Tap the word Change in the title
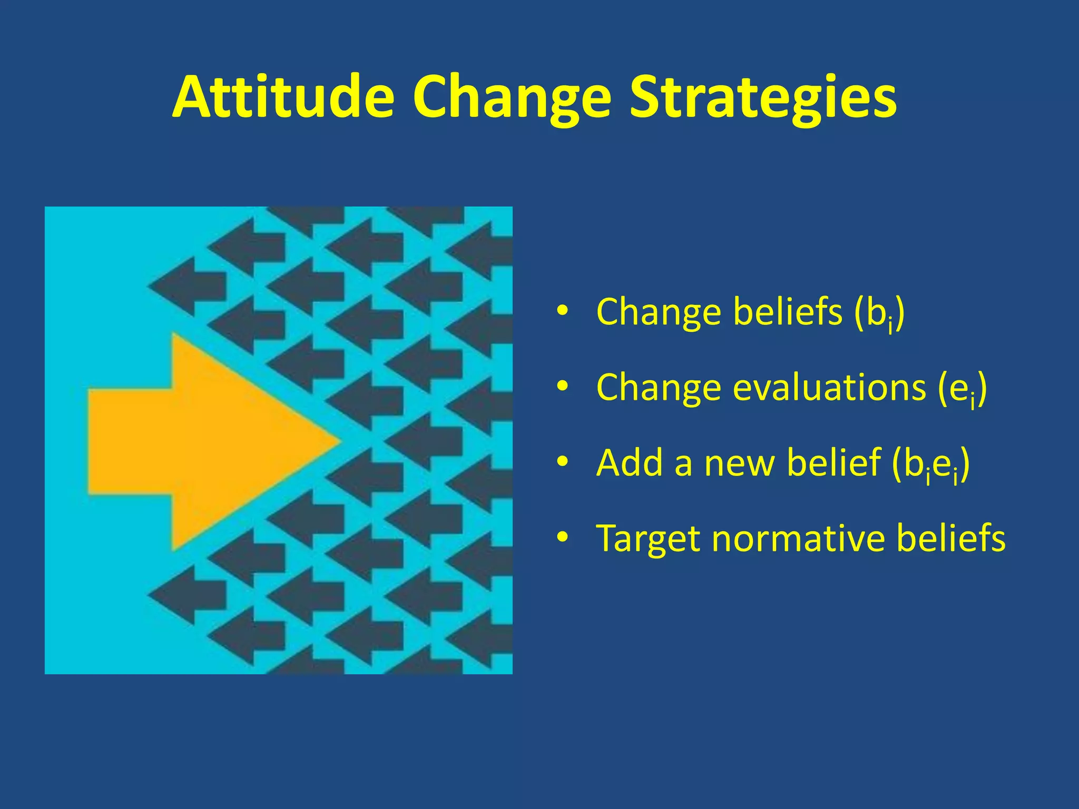point(512,98)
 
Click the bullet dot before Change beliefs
point(562,312)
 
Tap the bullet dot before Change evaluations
point(562,387)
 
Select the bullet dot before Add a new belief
point(562,462)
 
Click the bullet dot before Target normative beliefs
point(562,538)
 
